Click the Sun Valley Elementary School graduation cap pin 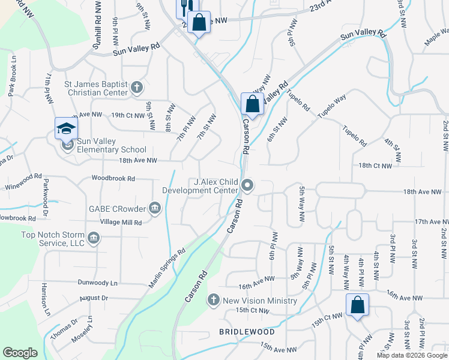[x=66, y=129]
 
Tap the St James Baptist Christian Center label [x=96, y=88]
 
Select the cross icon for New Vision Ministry [x=213, y=300]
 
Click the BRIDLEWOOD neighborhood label [x=247, y=332]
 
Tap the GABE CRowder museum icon [x=155, y=209]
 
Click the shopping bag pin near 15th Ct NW [x=357, y=305]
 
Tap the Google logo [x=20, y=353]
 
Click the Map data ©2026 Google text [x=411, y=355]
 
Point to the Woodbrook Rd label [x=113, y=178]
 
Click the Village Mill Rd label [x=121, y=222]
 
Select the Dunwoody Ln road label [x=97, y=282]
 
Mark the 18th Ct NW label [x=375, y=165]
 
